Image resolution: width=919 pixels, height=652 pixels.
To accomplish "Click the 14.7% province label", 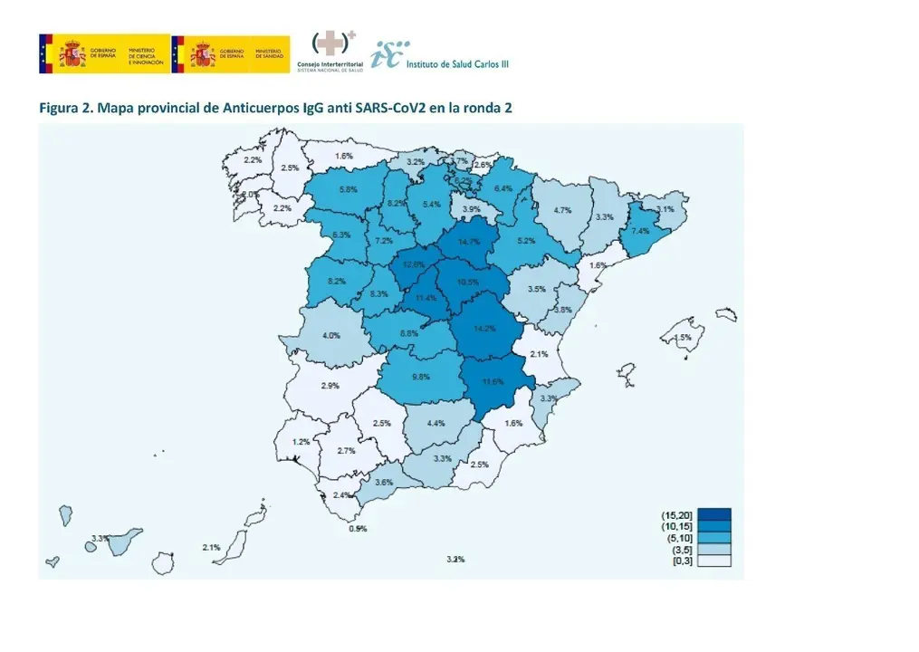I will click(469, 242).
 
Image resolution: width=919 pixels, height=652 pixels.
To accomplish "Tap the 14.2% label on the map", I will click(484, 329).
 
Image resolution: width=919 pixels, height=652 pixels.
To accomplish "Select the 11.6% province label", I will click(493, 381).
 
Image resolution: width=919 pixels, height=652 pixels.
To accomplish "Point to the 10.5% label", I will click(468, 282).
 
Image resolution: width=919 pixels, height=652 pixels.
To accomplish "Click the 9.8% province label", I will click(420, 377).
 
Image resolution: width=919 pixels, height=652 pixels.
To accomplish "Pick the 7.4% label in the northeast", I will click(640, 231).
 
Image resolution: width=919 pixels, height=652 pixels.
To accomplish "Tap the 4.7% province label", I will click(561, 210).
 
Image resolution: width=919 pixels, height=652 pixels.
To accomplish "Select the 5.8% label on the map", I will click(348, 189).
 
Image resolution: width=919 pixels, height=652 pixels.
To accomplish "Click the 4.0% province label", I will click(331, 336).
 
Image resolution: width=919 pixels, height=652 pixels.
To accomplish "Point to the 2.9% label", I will click(330, 386).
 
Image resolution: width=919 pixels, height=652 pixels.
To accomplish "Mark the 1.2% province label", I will click(301, 442).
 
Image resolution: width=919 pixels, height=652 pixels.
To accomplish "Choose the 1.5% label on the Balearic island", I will click(683, 337).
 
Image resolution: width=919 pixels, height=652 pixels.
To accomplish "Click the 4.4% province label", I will click(436, 423).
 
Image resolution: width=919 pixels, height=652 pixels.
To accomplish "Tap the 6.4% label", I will click(503, 188).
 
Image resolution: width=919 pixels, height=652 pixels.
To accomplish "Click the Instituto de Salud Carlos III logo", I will click(443, 55).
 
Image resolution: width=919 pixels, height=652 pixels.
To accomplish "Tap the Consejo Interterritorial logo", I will click(330, 53).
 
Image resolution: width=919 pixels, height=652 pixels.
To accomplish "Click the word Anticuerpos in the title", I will click(261, 108).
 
